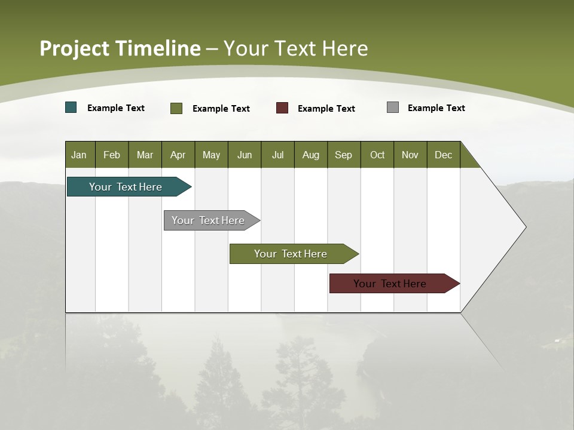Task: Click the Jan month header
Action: point(79,155)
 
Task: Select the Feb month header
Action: point(112,155)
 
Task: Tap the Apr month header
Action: point(178,155)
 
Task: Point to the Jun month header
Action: point(245,155)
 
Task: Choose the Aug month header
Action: point(310,155)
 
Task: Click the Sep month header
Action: point(343,155)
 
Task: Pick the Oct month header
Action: point(377,155)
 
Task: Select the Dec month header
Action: point(443,155)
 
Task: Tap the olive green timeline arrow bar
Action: point(291,254)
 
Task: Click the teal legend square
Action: point(71,107)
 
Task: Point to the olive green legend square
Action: point(176,108)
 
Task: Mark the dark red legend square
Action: point(282,108)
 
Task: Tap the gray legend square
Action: point(393,107)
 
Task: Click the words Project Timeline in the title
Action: point(120,48)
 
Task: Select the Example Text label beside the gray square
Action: point(436,108)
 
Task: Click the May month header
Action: point(211,155)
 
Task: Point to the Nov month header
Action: point(410,155)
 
